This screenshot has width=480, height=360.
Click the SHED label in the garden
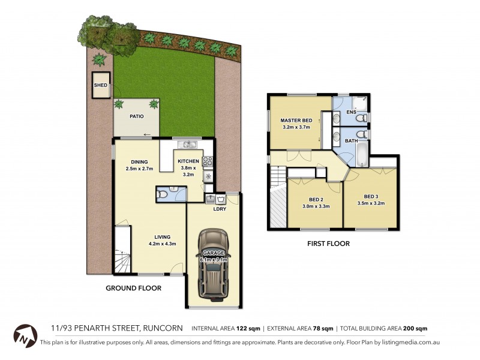click(x=100, y=86)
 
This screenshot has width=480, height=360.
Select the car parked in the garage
click(x=214, y=265)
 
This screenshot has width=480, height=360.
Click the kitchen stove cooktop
click(x=208, y=161)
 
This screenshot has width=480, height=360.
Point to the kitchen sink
click(x=190, y=144)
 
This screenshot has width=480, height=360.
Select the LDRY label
click(x=220, y=209)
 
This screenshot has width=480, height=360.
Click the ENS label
click(x=352, y=112)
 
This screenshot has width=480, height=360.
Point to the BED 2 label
click(x=314, y=200)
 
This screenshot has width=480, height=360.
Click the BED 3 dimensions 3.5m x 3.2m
click(x=370, y=203)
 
